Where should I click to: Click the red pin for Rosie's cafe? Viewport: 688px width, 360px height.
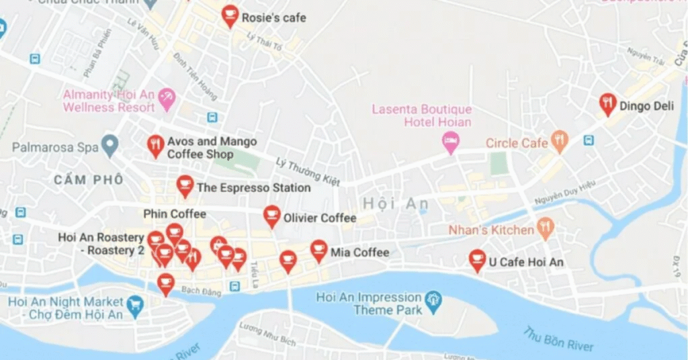[230, 15]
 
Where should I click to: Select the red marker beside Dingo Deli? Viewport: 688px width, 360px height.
[607, 103]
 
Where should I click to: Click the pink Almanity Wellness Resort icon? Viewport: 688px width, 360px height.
[166, 99]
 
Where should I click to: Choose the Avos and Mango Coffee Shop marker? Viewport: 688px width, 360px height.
[155, 145]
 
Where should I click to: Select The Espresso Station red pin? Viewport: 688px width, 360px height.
[185, 185]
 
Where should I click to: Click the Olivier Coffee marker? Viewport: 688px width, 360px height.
[271, 216]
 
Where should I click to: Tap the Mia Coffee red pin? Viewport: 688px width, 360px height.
[319, 251]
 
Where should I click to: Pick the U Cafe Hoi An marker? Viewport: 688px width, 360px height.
[477, 259]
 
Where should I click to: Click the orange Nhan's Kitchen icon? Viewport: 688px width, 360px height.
[545, 228]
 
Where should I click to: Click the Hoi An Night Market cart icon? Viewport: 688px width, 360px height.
[135, 305]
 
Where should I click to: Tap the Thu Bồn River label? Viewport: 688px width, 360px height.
[558, 339]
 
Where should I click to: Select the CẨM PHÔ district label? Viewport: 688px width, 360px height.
[89, 179]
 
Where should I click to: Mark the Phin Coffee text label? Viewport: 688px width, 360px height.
[175, 214]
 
